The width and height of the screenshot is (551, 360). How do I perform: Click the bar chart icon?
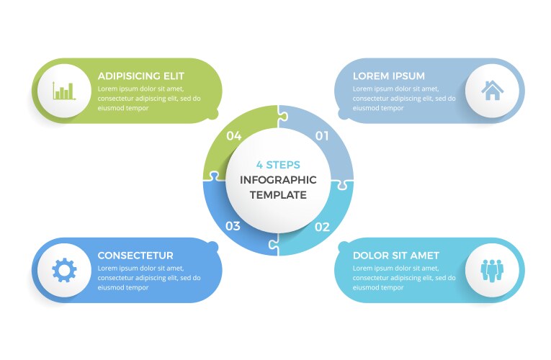(x=63, y=91)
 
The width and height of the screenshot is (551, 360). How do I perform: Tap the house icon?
(x=493, y=91)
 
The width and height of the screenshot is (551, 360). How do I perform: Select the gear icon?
(x=64, y=270)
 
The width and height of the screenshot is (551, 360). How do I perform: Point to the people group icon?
(x=493, y=270)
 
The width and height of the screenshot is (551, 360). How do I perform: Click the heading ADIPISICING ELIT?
(x=141, y=76)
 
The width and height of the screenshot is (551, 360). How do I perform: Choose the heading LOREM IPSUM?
(x=388, y=76)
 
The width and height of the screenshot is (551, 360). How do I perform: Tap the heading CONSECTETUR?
(x=135, y=256)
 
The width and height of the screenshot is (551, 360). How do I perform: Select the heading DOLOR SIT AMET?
(x=395, y=256)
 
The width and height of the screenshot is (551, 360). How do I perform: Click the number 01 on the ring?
(x=322, y=135)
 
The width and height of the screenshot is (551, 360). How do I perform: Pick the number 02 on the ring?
(x=322, y=227)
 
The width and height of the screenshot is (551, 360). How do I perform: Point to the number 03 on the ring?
(x=233, y=226)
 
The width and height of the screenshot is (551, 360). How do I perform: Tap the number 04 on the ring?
(x=233, y=135)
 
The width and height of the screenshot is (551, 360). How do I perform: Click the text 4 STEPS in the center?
(x=278, y=165)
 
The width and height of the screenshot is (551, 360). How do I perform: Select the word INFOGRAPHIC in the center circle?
(x=278, y=180)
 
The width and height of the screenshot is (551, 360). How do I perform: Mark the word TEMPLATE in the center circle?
(x=278, y=195)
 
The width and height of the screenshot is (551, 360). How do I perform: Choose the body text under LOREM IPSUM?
(x=395, y=99)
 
